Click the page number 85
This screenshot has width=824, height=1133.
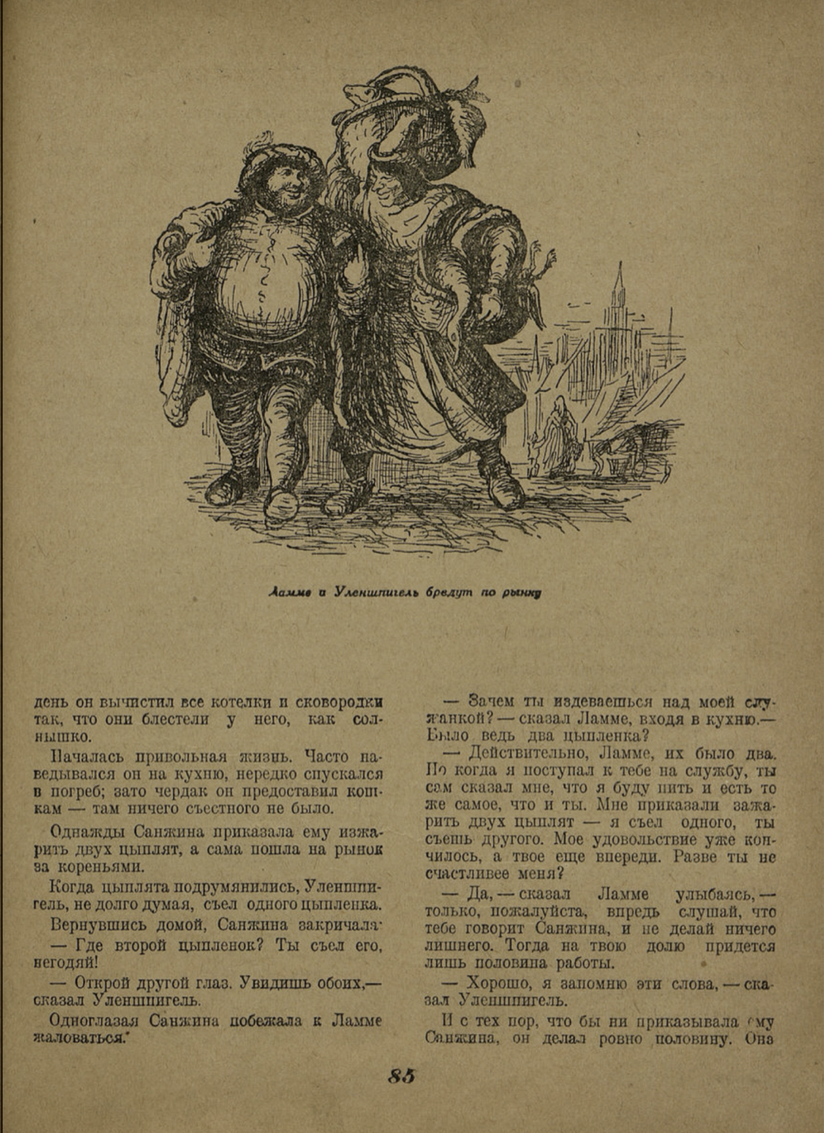tap(402, 1076)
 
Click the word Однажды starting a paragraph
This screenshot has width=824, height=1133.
tap(85, 832)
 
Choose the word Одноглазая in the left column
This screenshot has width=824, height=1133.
tap(89, 1021)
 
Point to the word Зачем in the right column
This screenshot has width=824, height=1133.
tap(495, 702)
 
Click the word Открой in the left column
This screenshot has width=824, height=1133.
tap(101, 983)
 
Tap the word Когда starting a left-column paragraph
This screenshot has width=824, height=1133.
tap(75, 887)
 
